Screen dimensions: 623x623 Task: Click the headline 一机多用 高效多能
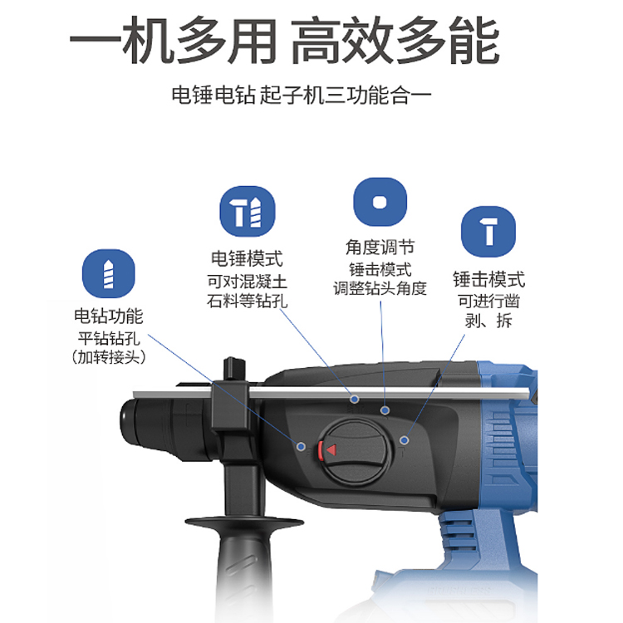284,40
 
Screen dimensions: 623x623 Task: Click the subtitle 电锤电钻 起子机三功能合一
302,96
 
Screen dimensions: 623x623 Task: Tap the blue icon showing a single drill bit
109,274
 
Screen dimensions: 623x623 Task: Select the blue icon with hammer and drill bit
248,211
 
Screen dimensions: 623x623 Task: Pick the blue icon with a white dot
380,202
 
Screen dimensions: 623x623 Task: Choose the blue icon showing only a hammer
488,231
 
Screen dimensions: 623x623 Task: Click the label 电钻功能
109,316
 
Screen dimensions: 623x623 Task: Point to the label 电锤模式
247,258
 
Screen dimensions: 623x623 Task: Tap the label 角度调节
380,247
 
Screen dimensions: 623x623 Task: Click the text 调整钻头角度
380,288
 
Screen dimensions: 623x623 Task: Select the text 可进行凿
488,301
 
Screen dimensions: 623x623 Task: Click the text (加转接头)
109,357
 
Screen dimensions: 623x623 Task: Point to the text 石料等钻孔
247,301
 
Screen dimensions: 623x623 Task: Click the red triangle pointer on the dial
331,450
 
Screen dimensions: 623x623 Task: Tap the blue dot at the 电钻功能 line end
301,447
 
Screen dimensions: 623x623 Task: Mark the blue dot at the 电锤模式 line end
354,399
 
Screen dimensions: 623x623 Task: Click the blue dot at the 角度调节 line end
385,410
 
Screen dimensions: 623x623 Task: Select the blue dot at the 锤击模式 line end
404,440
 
